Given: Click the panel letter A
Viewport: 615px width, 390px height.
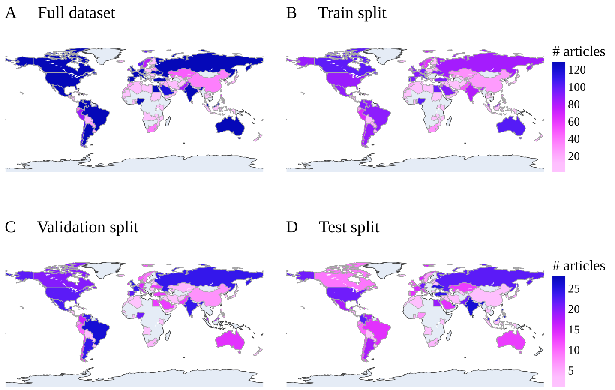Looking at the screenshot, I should [x=11, y=13].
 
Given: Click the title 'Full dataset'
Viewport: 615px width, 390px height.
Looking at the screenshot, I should [x=76, y=13].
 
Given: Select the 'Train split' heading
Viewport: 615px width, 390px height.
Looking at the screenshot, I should [x=352, y=13].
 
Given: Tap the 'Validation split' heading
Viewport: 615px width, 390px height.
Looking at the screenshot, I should [x=87, y=227].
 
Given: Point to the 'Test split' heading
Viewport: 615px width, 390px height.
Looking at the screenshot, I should [x=349, y=227].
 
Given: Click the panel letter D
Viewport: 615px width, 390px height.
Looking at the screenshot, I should [x=292, y=227].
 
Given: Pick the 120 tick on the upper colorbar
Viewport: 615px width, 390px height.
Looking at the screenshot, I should [x=576, y=70].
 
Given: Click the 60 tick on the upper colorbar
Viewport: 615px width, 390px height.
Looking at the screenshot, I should [x=573, y=122].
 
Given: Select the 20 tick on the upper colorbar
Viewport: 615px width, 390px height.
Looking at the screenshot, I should [x=573, y=156].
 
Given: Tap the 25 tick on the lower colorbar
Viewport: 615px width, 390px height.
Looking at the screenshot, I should [x=573, y=289].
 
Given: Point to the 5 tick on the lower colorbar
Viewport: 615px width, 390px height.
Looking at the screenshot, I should [x=570, y=371].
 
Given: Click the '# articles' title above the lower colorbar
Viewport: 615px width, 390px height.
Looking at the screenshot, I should [x=579, y=266].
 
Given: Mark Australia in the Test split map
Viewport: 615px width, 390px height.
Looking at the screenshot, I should [x=510, y=340].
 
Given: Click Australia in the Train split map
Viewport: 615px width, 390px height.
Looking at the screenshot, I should [x=510, y=126].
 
